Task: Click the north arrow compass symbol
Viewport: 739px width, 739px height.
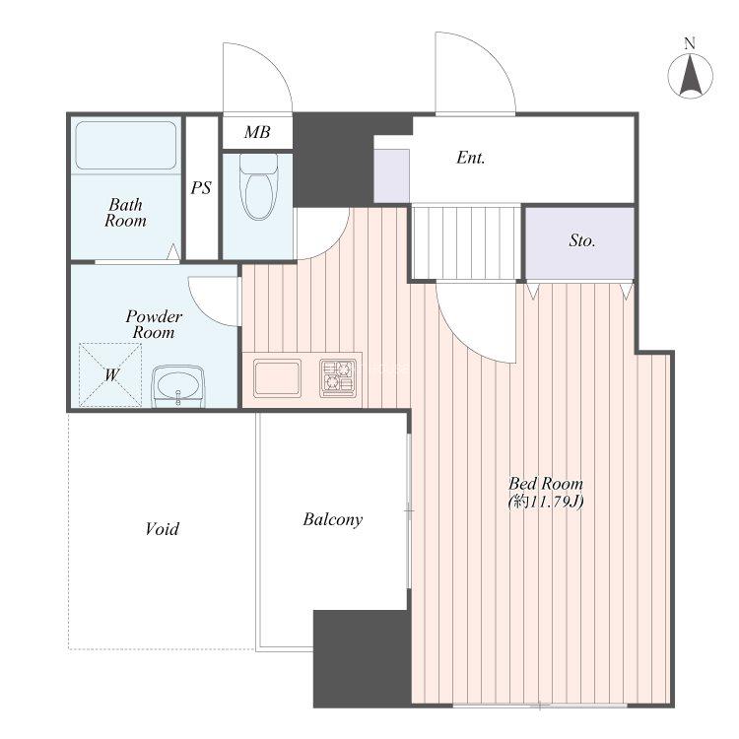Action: (x=690, y=76)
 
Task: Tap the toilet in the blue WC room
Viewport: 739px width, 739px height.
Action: (x=258, y=186)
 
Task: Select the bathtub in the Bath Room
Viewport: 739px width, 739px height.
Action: (x=126, y=145)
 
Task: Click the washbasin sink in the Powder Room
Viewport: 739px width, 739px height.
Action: (x=178, y=386)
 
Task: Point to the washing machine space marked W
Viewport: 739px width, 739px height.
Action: (x=110, y=374)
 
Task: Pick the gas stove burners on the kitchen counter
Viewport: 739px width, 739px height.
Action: (x=338, y=377)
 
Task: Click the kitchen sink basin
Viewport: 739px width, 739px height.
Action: (x=277, y=378)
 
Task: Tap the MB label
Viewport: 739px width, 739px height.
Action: (x=257, y=132)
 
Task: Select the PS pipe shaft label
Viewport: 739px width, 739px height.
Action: (x=201, y=188)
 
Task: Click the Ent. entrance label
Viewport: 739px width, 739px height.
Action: (x=471, y=158)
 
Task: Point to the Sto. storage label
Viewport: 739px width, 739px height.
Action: (x=582, y=240)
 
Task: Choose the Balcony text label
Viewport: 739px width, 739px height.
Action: (x=333, y=519)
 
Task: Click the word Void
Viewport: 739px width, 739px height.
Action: (x=163, y=529)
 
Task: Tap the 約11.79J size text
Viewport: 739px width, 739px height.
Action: (x=546, y=502)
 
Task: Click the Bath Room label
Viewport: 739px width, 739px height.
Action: (x=125, y=213)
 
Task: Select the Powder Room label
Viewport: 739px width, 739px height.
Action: (x=154, y=324)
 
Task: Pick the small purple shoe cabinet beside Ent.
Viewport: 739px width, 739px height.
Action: (x=391, y=175)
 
